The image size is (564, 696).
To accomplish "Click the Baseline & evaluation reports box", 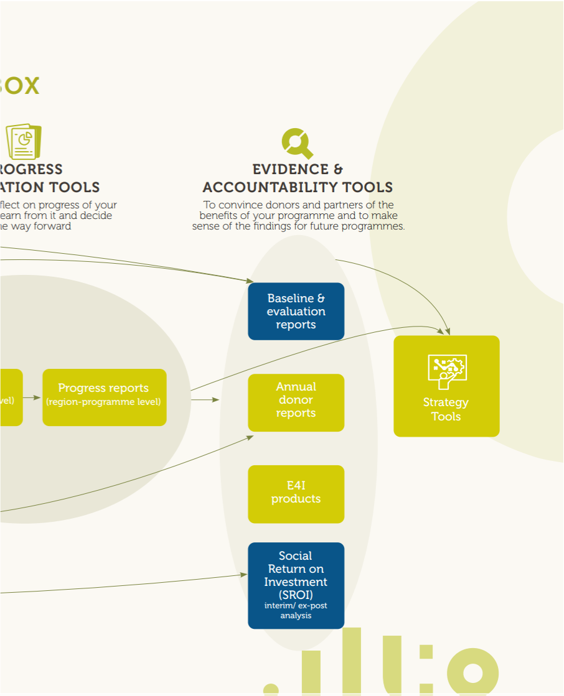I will (296, 311).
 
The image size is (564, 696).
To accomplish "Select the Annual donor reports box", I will (296, 402).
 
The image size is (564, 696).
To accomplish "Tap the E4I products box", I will (296, 494).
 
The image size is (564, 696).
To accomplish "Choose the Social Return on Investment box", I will (296, 585).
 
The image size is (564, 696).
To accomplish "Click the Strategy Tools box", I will (446, 386).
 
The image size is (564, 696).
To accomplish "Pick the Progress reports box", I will (104, 397).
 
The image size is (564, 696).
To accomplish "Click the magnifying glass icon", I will (297, 144).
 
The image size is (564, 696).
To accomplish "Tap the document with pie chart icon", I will (24, 142).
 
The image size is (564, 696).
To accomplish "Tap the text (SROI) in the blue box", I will (296, 595).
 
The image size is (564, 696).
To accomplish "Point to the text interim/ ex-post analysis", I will (296, 610).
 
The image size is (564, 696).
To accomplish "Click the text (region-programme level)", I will (103, 402).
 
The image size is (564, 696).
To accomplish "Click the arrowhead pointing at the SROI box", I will (243, 575).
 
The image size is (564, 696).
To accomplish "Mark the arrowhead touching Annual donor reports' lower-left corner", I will (250, 437).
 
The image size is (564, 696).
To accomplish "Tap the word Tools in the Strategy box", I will (446, 417).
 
